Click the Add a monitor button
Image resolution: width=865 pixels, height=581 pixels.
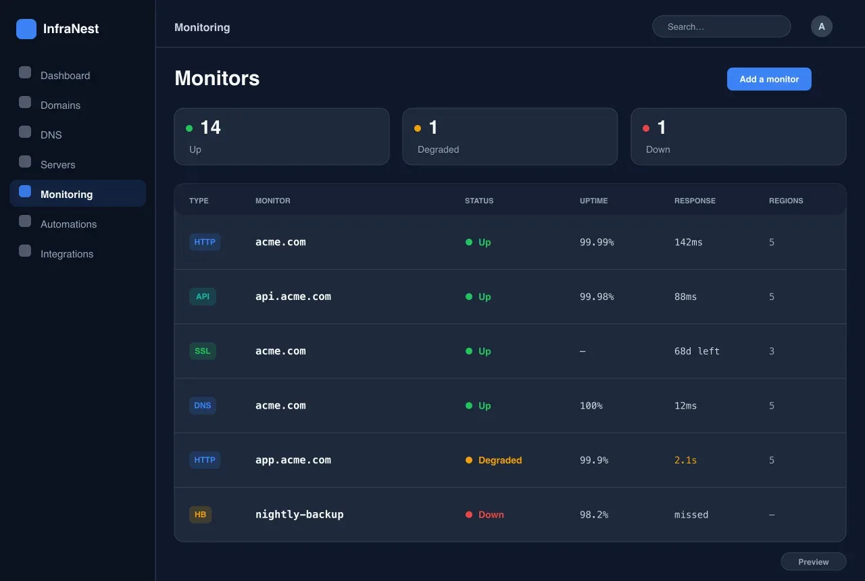click(x=769, y=79)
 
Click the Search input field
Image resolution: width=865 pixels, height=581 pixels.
click(x=721, y=26)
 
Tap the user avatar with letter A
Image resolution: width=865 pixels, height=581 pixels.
click(x=821, y=26)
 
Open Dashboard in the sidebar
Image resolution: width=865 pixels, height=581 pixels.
click(x=65, y=75)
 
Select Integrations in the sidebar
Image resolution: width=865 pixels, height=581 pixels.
click(x=67, y=253)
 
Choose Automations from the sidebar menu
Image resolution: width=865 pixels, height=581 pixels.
click(x=68, y=224)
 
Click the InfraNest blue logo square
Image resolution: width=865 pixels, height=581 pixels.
click(x=26, y=29)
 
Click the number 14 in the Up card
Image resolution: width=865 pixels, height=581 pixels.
click(x=210, y=128)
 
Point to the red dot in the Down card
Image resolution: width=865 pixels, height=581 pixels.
click(x=646, y=128)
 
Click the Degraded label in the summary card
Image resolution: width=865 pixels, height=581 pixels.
click(x=439, y=149)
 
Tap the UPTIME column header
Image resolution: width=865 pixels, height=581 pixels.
click(x=593, y=201)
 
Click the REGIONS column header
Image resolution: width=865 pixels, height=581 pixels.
click(x=786, y=201)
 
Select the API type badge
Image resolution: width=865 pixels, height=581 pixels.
click(x=202, y=297)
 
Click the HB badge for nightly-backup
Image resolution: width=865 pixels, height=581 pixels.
click(x=200, y=514)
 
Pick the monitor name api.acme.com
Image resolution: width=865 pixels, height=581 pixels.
click(x=293, y=297)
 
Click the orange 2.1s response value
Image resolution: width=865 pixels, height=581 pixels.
click(x=685, y=460)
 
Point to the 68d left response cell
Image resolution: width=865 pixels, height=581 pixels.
click(x=697, y=351)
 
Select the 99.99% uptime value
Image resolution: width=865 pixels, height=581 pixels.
click(x=597, y=242)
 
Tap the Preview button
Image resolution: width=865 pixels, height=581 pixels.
click(x=813, y=561)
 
